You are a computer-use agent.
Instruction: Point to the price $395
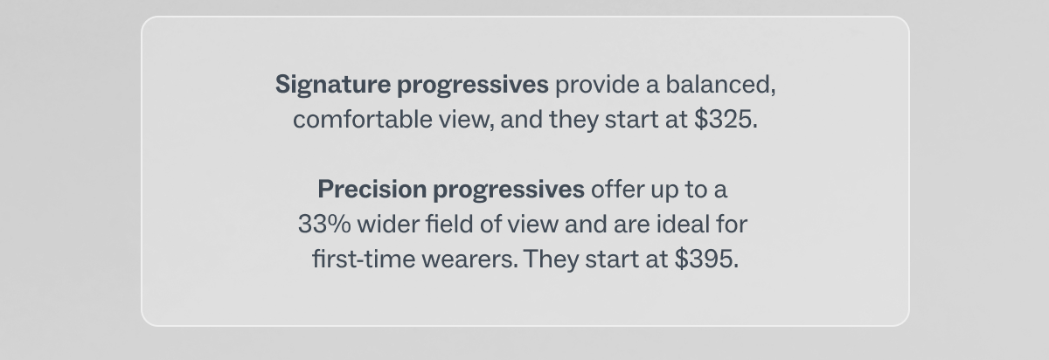point(706,260)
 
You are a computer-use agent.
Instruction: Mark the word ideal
point(683,225)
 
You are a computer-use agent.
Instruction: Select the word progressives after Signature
point(473,86)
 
